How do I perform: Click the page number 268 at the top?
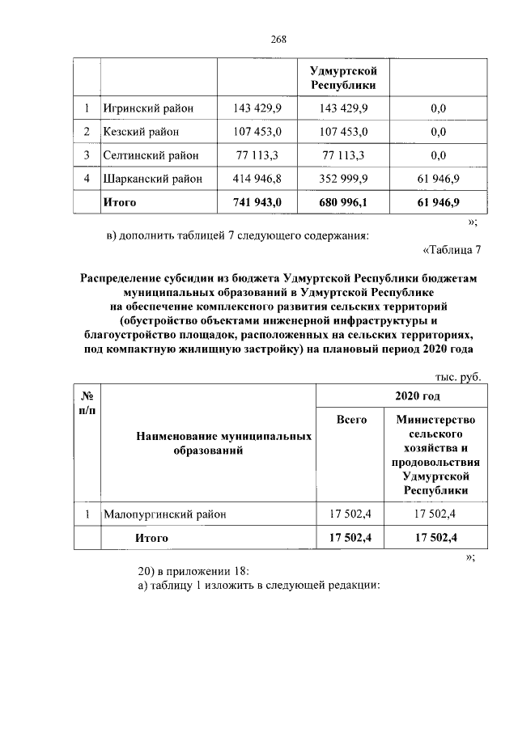(x=279, y=38)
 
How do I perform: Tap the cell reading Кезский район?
(x=141, y=131)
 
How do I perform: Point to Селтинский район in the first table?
(x=150, y=154)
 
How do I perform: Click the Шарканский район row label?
(x=153, y=178)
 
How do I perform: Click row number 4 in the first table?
(x=86, y=178)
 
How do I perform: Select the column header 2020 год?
(x=417, y=396)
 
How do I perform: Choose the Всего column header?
(x=352, y=419)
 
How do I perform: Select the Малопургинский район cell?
(x=165, y=514)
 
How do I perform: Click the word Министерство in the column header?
(x=436, y=419)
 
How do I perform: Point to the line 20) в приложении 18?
(x=195, y=570)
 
